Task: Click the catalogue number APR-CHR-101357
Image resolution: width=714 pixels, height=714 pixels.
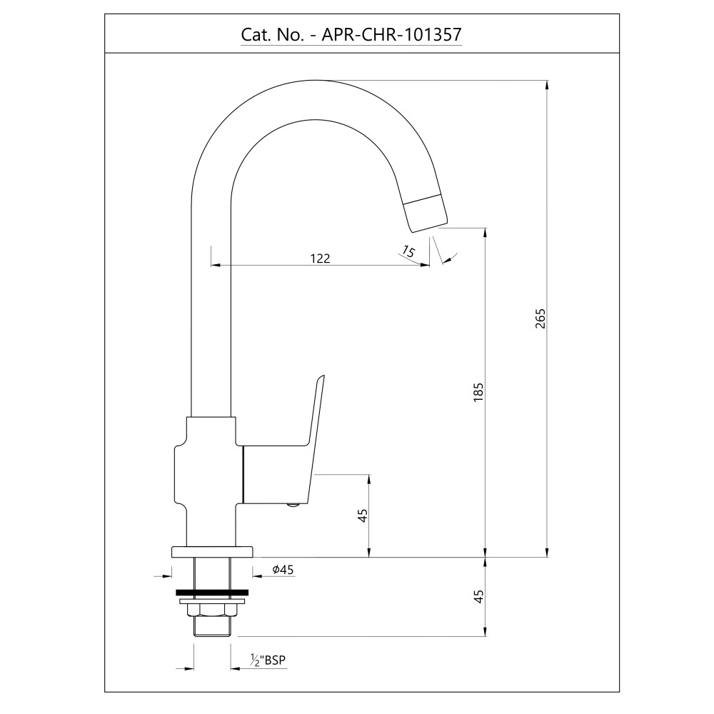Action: tap(391, 34)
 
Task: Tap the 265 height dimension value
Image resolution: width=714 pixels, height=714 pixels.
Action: tap(540, 318)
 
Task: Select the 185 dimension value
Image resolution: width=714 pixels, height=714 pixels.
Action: tap(478, 392)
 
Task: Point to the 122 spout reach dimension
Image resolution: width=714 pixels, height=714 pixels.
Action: tap(320, 258)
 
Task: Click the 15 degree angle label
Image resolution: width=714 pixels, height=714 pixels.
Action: tap(408, 251)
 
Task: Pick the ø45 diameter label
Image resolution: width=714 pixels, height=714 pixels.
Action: tap(283, 569)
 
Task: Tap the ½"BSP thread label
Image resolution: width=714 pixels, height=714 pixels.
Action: tap(268, 660)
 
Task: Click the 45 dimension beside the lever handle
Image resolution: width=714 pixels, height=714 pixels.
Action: tap(363, 516)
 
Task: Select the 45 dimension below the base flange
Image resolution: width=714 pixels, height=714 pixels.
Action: tap(478, 596)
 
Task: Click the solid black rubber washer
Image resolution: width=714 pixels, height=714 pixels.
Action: tap(212, 593)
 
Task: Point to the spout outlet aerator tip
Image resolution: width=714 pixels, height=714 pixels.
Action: tap(426, 212)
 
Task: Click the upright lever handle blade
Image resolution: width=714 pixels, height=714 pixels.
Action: tap(316, 437)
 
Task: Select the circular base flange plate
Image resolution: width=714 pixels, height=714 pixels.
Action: tap(212, 551)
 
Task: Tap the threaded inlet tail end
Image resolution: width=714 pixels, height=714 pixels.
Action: tap(212, 626)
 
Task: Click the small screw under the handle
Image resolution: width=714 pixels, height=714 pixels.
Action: tap(293, 504)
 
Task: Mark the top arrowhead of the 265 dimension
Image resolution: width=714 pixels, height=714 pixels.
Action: tap(547, 85)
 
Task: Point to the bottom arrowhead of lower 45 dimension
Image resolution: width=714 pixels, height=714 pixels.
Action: tap(486, 631)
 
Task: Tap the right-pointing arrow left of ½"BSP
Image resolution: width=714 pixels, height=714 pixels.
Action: tap(188, 668)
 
